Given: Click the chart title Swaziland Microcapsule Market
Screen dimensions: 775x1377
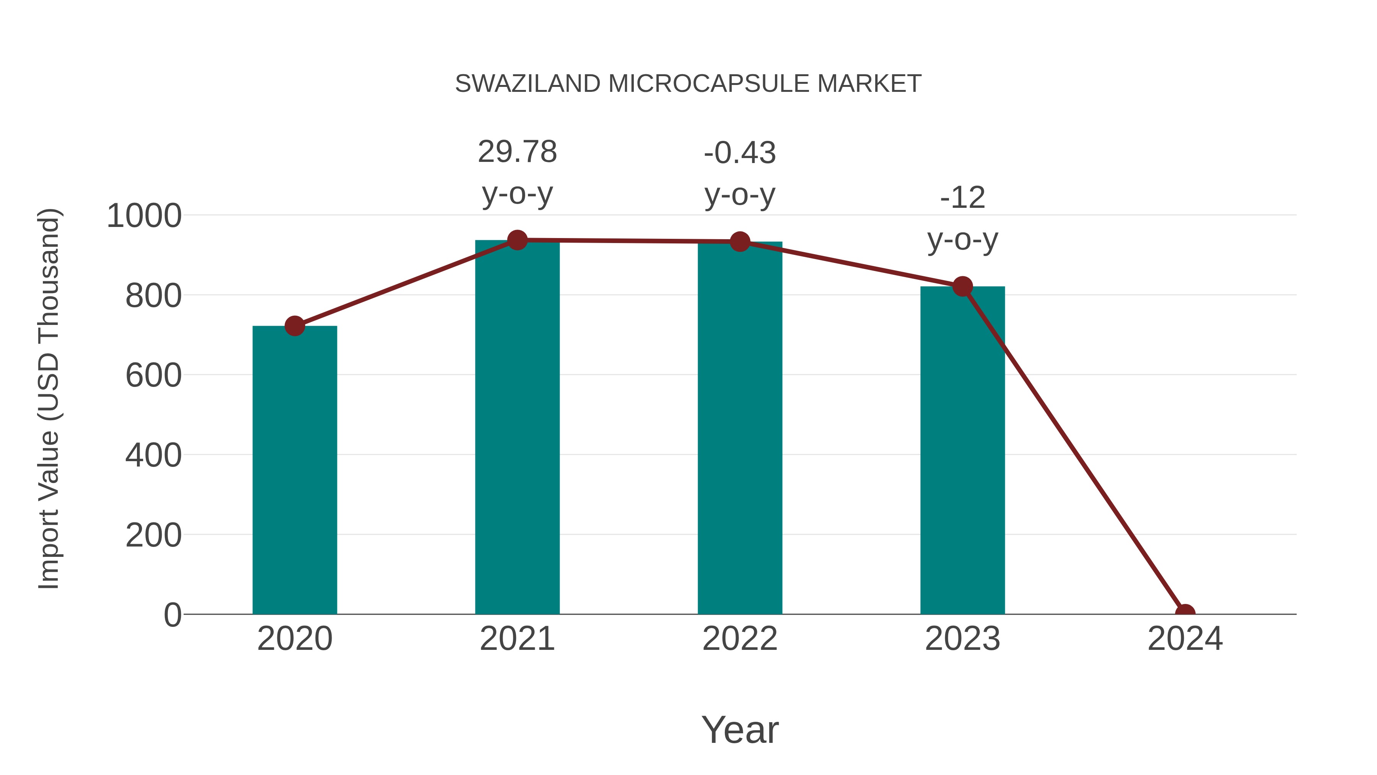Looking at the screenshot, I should click(x=688, y=84).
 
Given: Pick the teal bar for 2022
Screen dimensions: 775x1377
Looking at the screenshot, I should click(x=740, y=428).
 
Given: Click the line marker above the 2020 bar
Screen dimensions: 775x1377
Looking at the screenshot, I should click(x=295, y=326).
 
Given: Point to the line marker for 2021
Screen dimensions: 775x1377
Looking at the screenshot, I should click(x=517, y=240).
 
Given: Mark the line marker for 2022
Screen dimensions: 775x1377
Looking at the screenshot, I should click(x=740, y=242).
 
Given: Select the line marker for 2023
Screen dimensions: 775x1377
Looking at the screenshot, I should click(x=962, y=287).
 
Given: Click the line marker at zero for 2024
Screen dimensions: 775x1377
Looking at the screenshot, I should click(x=1185, y=613).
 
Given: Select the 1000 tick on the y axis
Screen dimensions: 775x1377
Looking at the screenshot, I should click(x=144, y=216).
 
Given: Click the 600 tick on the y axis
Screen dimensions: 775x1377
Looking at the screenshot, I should click(x=153, y=375).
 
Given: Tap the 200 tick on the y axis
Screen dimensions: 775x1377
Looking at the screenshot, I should click(x=153, y=535).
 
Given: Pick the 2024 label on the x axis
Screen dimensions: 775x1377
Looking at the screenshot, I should click(x=1185, y=639).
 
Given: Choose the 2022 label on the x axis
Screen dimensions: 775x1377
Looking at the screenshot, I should click(x=740, y=639).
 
